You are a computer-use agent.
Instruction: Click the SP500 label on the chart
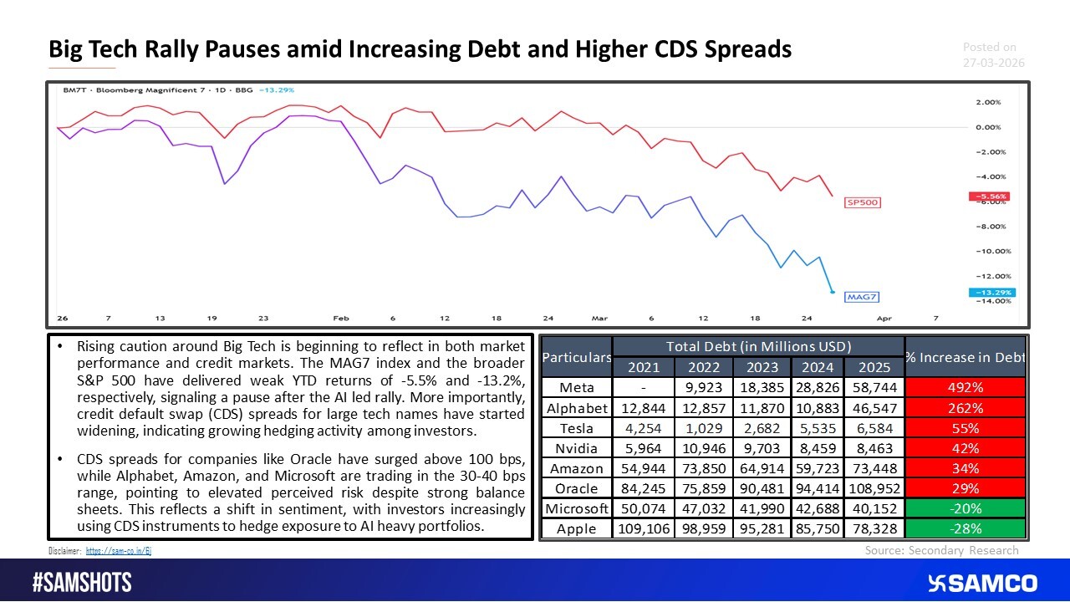point(863,202)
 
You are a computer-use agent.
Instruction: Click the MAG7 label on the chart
point(863,296)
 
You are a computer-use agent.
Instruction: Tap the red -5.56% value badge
point(991,196)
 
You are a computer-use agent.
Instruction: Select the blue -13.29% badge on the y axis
point(991,292)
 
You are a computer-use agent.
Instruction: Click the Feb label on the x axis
point(340,319)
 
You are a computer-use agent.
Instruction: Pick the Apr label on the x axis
point(884,319)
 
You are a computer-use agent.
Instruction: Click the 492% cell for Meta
point(966,388)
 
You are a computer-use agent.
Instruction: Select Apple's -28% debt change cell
point(966,528)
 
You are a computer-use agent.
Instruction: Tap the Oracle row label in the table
point(576,488)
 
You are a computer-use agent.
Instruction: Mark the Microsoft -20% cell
point(966,508)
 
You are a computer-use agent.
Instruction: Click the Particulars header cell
point(576,358)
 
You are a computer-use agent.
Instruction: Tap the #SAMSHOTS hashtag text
point(82,583)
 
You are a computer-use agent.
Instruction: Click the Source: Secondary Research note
point(941,550)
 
